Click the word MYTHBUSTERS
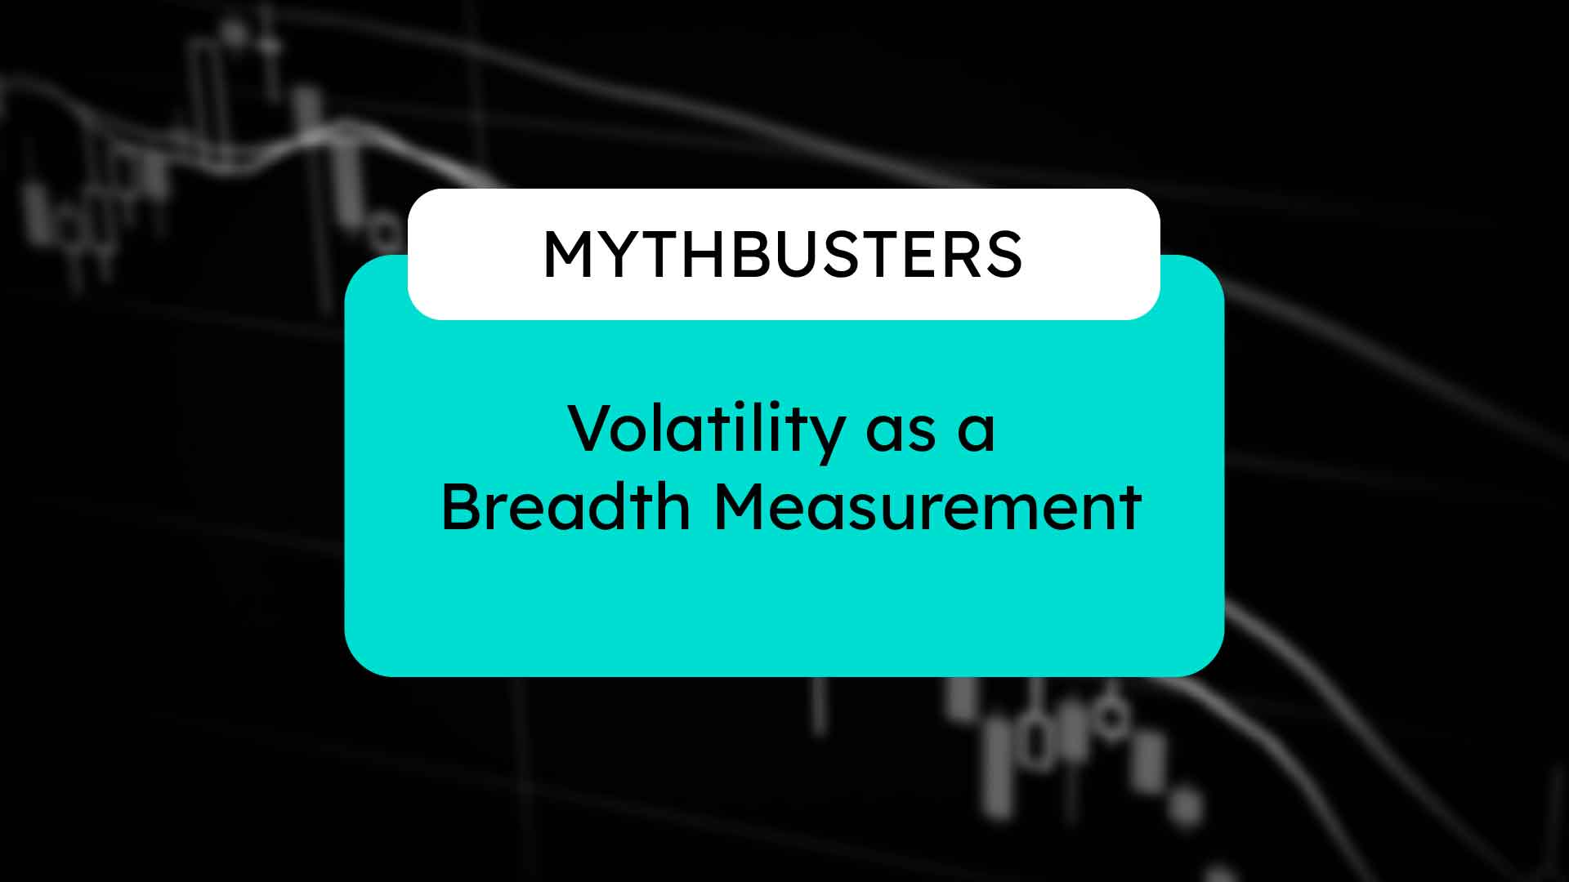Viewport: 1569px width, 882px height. tap(783, 255)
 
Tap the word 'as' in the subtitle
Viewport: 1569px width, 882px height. tap(901, 433)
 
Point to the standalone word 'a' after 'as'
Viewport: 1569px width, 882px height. tap(977, 433)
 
